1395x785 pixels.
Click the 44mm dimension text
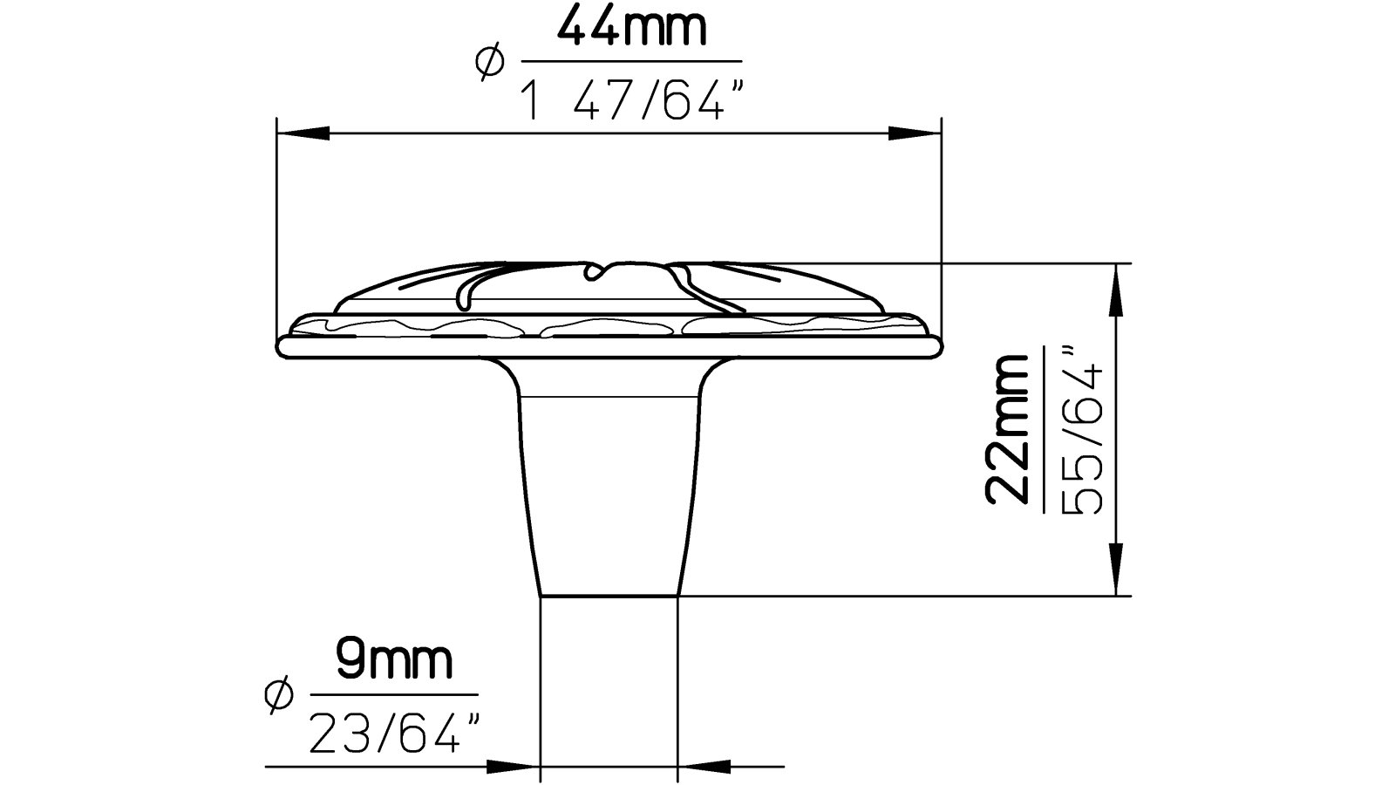click(630, 29)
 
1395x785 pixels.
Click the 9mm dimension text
click(394, 662)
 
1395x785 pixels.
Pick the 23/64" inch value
click(396, 734)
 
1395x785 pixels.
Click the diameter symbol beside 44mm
click(489, 63)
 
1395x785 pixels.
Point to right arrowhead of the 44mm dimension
click(915, 133)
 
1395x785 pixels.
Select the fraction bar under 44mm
click(630, 62)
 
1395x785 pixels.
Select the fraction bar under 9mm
click(394, 695)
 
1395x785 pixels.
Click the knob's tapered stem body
click(609, 488)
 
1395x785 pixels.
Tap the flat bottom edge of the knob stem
click(609, 596)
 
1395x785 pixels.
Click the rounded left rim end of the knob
click(282, 346)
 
